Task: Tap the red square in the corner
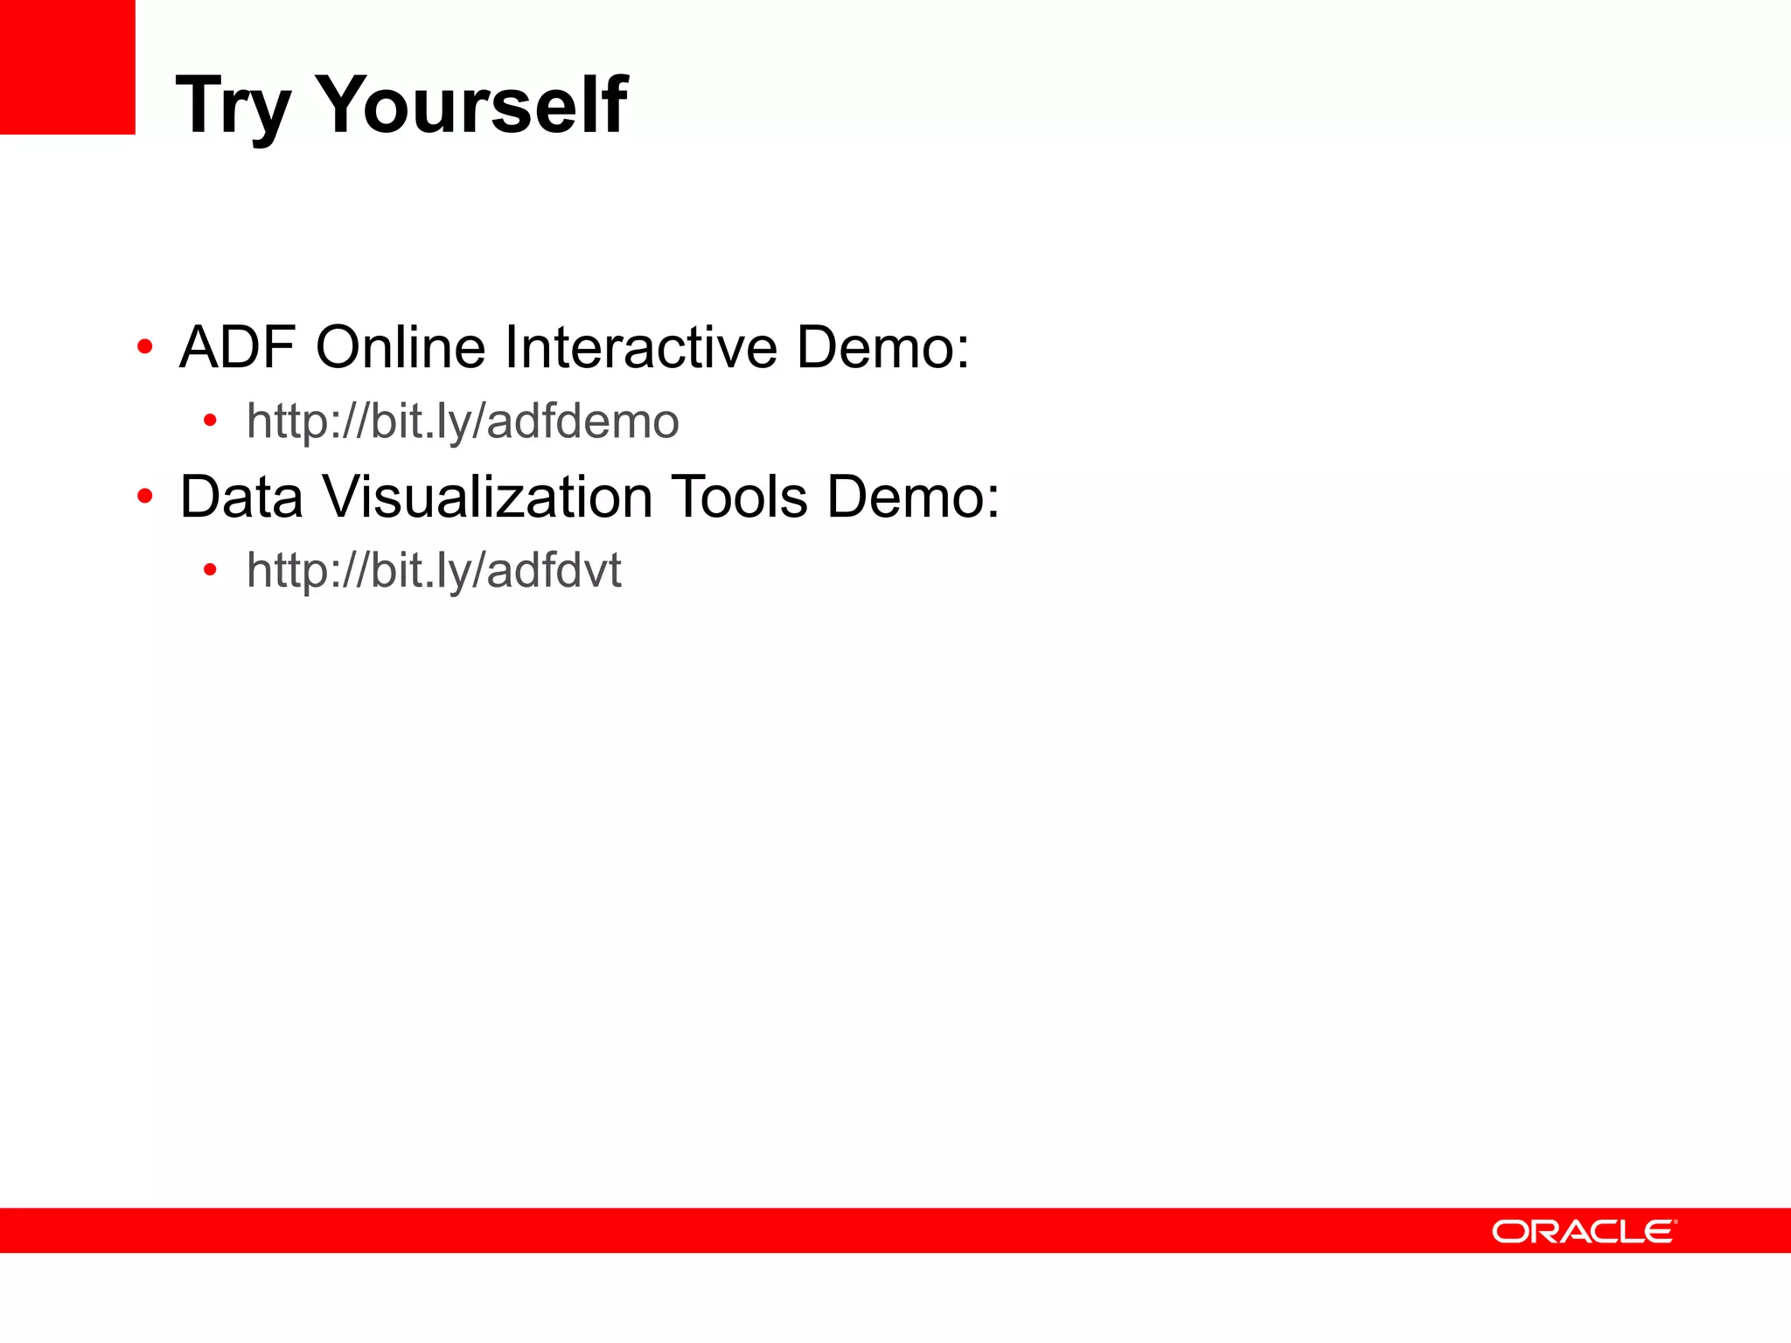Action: (x=67, y=66)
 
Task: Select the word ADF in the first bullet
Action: (x=237, y=347)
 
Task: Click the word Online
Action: (x=400, y=347)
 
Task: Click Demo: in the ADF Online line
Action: (x=882, y=347)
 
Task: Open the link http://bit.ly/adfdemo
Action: (x=463, y=421)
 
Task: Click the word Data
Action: (x=241, y=497)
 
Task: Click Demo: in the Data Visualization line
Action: (x=913, y=497)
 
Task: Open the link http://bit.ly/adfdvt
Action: (x=434, y=571)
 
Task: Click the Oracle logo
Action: (x=1584, y=1231)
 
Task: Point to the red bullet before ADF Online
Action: (x=145, y=348)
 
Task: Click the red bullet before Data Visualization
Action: (x=145, y=498)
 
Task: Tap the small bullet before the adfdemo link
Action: (x=210, y=421)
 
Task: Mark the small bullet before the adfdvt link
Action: (x=210, y=571)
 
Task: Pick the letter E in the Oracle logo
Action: (x=1658, y=1232)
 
